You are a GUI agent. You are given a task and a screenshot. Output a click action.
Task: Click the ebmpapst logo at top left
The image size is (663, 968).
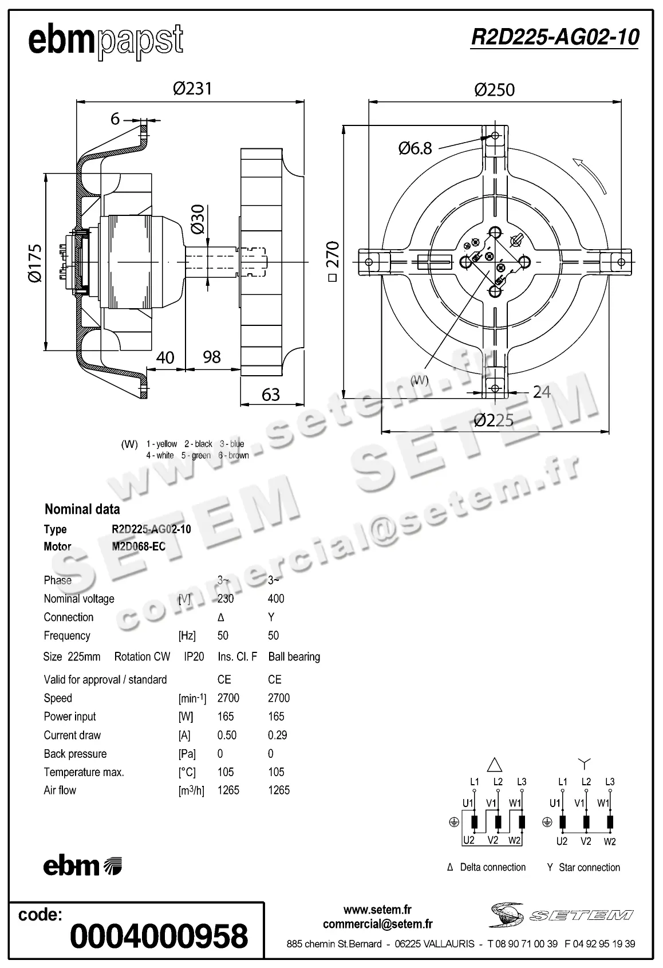pyautogui.click(x=106, y=41)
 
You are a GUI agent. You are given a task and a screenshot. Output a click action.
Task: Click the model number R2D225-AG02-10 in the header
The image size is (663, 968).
pyautogui.click(x=554, y=37)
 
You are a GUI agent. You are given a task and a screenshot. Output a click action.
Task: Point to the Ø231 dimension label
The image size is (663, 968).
pyautogui.click(x=192, y=88)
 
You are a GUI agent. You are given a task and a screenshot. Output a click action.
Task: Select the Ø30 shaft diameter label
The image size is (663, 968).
pyautogui.click(x=198, y=219)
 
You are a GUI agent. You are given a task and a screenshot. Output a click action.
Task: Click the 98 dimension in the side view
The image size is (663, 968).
pyautogui.click(x=212, y=357)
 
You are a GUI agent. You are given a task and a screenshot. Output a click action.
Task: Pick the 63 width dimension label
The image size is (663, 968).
pyautogui.click(x=270, y=394)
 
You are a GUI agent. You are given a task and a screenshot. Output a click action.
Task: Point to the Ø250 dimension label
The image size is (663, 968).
pyautogui.click(x=494, y=90)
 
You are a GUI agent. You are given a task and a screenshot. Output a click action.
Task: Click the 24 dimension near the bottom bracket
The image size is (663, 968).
pyautogui.click(x=541, y=392)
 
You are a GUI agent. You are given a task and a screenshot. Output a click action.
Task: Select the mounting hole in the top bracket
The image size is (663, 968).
pyautogui.click(x=495, y=136)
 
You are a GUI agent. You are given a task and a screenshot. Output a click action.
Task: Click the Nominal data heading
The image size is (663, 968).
pyautogui.click(x=82, y=509)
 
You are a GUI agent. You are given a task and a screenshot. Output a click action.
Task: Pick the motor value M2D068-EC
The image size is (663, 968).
pyautogui.click(x=139, y=546)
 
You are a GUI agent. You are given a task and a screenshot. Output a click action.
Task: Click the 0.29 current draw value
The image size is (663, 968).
pyautogui.click(x=277, y=735)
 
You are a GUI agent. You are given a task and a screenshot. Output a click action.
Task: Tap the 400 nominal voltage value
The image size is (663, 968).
pyautogui.click(x=276, y=599)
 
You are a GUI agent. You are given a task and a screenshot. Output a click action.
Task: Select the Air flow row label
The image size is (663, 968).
pyautogui.click(x=60, y=790)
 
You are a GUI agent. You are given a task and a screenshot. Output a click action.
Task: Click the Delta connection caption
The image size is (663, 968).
pyautogui.click(x=492, y=867)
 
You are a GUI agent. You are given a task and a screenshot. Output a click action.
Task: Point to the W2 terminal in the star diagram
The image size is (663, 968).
pyautogui.click(x=610, y=841)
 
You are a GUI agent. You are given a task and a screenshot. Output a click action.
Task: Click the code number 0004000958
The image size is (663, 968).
pyautogui.click(x=159, y=936)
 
